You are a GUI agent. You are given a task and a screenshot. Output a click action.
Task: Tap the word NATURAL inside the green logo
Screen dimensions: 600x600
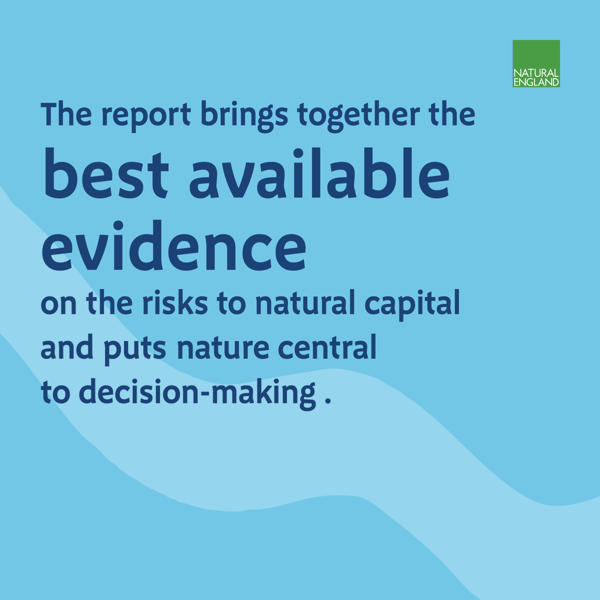coord(536,73)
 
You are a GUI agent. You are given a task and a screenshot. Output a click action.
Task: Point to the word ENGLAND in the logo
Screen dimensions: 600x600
coord(536,82)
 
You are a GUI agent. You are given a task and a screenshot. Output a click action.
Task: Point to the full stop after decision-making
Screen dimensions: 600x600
coord(328,401)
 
